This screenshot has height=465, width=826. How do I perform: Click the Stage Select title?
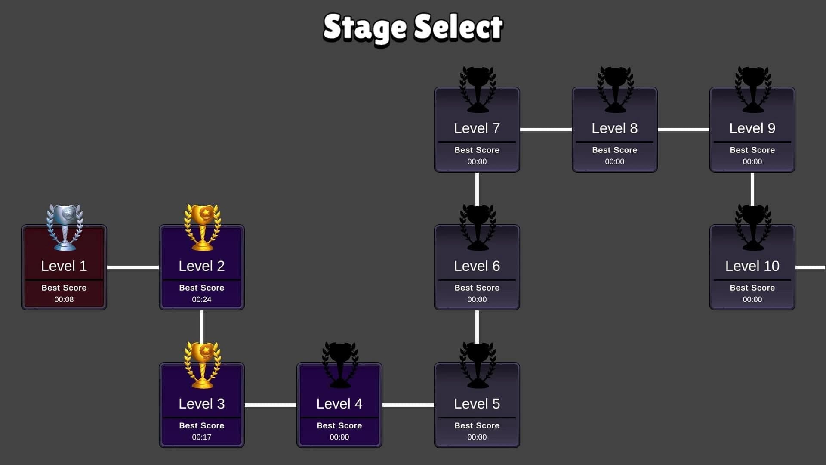coord(413,28)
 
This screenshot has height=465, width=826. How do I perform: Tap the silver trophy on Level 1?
coord(65,227)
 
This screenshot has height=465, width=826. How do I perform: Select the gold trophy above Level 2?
coord(202,227)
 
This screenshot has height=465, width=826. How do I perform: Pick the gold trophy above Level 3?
coord(202,365)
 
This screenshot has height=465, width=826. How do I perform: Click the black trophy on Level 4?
coord(340,365)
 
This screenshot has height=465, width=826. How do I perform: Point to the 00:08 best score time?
coord(64,299)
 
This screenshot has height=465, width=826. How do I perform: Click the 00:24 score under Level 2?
coord(202,299)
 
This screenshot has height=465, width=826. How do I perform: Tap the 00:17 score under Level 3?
coord(202,437)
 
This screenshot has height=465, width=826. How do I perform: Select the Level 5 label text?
coord(477,404)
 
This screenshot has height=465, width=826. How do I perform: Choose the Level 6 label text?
coord(477,266)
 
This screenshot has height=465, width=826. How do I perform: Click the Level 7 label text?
coord(477,128)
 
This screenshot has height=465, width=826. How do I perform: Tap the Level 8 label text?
coord(615,128)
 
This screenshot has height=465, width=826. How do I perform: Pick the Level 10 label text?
coord(752,266)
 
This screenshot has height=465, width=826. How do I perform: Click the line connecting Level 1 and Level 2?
coord(133,267)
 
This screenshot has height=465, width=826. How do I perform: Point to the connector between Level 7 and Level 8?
coord(546,129)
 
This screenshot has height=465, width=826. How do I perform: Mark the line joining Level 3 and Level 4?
coord(271,405)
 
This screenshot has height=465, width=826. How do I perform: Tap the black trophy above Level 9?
coord(753,90)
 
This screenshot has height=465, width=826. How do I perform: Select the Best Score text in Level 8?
coord(615,150)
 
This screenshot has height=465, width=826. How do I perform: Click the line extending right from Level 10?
coord(811,267)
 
